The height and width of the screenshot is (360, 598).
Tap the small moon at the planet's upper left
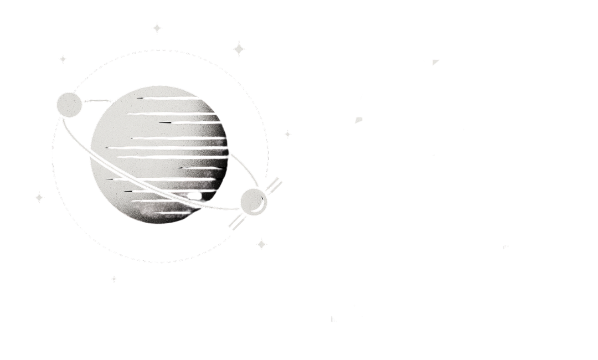coord(68,104)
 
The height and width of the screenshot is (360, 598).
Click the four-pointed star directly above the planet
coord(158,28)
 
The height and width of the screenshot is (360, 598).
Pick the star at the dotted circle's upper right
coord(239,49)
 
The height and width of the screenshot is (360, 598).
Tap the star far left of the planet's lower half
coord(39,197)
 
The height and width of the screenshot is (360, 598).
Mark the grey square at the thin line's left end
coord(359,120)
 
